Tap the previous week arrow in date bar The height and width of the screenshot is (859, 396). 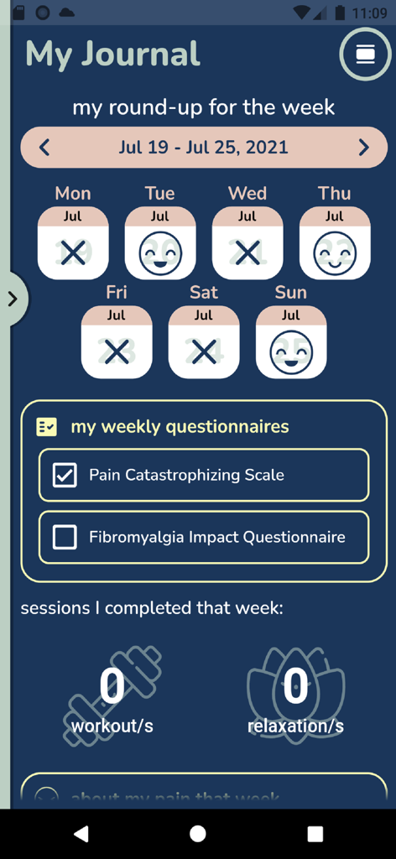(44, 148)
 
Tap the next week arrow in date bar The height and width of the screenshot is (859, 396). (363, 148)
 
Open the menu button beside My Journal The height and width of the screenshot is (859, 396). (365, 55)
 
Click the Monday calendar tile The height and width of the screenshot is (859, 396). (73, 243)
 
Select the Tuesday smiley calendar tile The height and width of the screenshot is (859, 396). (160, 243)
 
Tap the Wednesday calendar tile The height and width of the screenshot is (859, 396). (247, 243)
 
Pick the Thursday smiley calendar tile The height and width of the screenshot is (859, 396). (335, 243)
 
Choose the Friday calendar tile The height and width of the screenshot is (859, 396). (117, 342)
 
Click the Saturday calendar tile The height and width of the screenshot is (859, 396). (204, 342)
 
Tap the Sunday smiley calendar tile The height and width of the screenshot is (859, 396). (291, 342)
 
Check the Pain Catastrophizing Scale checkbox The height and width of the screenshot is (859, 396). (65, 476)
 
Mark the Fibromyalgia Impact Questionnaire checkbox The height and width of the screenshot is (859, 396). (65, 538)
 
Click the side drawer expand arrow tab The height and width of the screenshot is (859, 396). (13, 299)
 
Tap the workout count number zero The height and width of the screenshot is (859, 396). (112, 687)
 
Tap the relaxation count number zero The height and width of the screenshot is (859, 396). (295, 687)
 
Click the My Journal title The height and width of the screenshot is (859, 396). (113, 54)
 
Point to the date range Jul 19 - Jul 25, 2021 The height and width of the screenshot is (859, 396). (203, 148)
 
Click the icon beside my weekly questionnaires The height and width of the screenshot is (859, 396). (47, 427)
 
